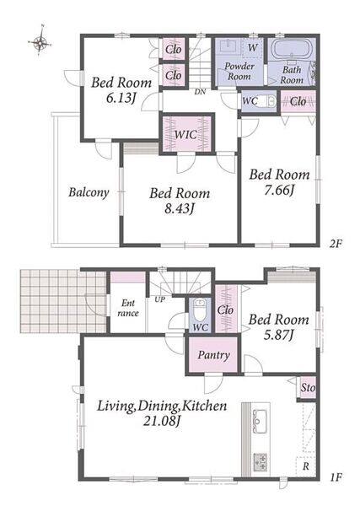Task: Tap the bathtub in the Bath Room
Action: (292, 49)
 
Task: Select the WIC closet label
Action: (185, 134)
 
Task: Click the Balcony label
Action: (89, 192)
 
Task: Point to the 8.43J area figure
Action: (180, 209)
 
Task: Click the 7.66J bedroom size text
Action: (279, 191)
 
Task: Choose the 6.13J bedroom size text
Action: (121, 98)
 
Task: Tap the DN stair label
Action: (200, 92)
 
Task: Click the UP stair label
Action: (159, 299)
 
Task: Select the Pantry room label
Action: (214, 355)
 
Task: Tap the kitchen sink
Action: (260, 421)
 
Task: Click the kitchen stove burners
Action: (261, 461)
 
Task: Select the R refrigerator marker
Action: (305, 466)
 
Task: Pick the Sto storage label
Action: (308, 387)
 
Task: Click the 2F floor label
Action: (336, 244)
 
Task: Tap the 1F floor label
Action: (336, 477)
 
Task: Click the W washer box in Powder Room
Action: (253, 48)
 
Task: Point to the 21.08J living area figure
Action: (161, 421)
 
